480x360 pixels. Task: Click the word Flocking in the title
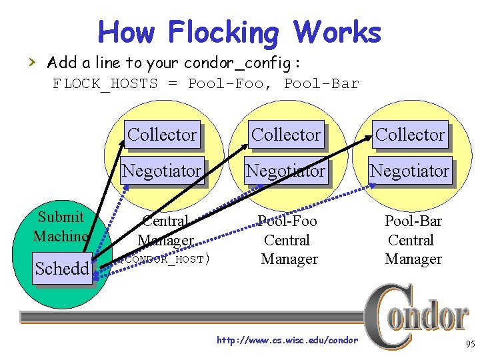(223, 32)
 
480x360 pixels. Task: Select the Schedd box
(62, 269)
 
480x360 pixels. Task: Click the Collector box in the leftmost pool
(162, 135)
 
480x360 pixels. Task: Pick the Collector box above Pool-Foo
(286, 135)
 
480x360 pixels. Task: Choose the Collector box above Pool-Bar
(410, 135)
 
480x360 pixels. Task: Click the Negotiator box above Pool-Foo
(285, 171)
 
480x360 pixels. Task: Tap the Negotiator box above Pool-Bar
(409, 171)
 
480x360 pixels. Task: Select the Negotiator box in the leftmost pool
(161, 171)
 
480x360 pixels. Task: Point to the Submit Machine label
(61, 226)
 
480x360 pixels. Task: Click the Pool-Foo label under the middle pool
(287, 221)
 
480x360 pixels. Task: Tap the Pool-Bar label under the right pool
(413, 221)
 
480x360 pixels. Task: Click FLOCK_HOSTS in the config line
(105, 84)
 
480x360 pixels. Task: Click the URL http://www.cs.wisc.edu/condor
(287, 341)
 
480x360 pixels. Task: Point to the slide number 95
(469, 345)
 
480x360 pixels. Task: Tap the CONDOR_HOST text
(167, 259)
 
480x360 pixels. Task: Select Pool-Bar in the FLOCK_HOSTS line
(321, 84)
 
